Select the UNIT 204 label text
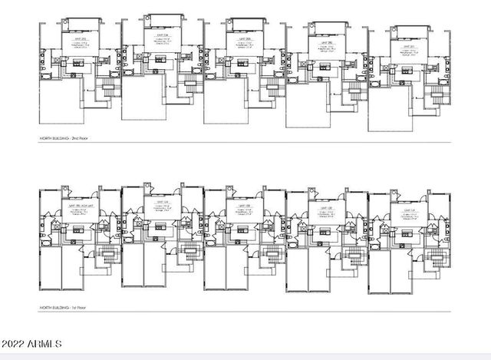[x=162, y=35]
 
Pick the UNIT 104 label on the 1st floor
[x=162, y=203]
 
